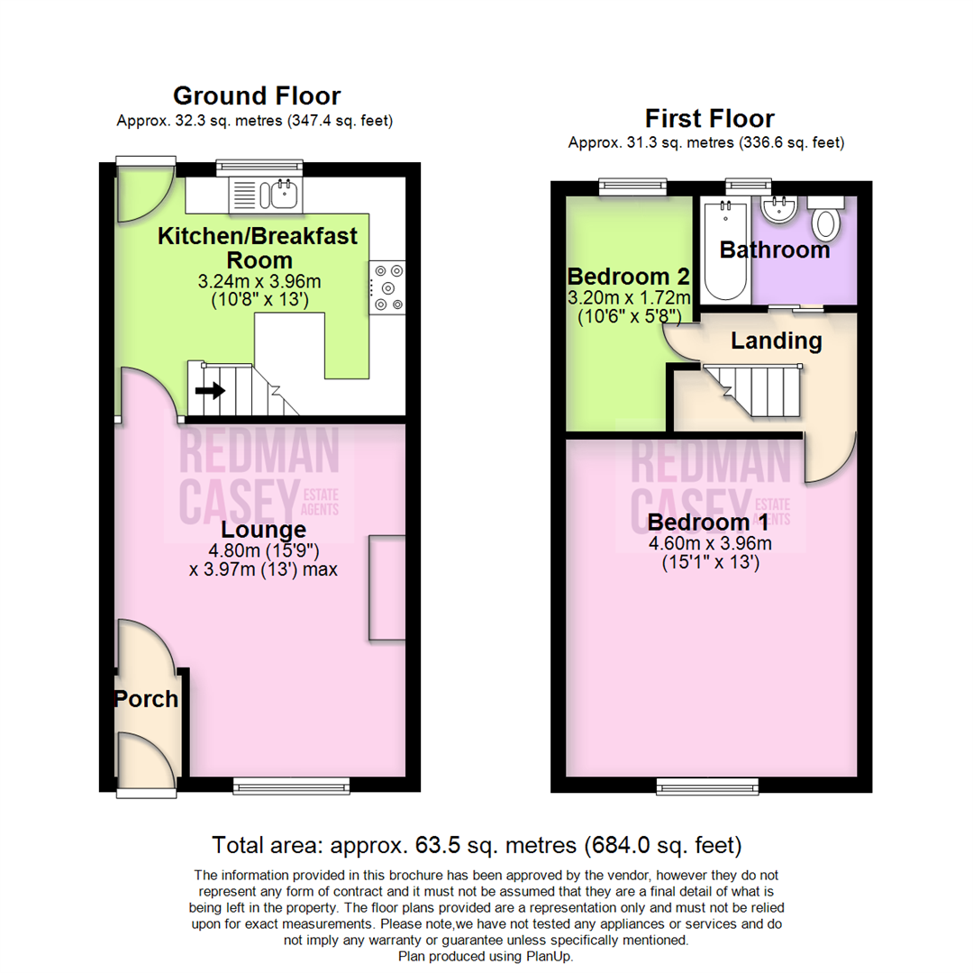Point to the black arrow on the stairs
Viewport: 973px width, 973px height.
tap(210, 390)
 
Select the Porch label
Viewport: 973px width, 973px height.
tap(146, 699)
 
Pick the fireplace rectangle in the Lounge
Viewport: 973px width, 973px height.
tap(387, 587)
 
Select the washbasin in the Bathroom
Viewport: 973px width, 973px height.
tap(777, 210)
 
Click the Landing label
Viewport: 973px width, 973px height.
tap(776, 341)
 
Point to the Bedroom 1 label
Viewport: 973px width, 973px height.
tap(709, 523)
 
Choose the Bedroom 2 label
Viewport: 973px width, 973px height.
tap(628, 275)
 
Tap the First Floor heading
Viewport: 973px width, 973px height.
tap(709, 118)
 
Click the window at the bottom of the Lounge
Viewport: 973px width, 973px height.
tap(290, 787)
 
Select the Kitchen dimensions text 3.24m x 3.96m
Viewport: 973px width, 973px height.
tap(259, 281)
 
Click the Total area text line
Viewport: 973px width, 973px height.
tap(477, 845)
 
